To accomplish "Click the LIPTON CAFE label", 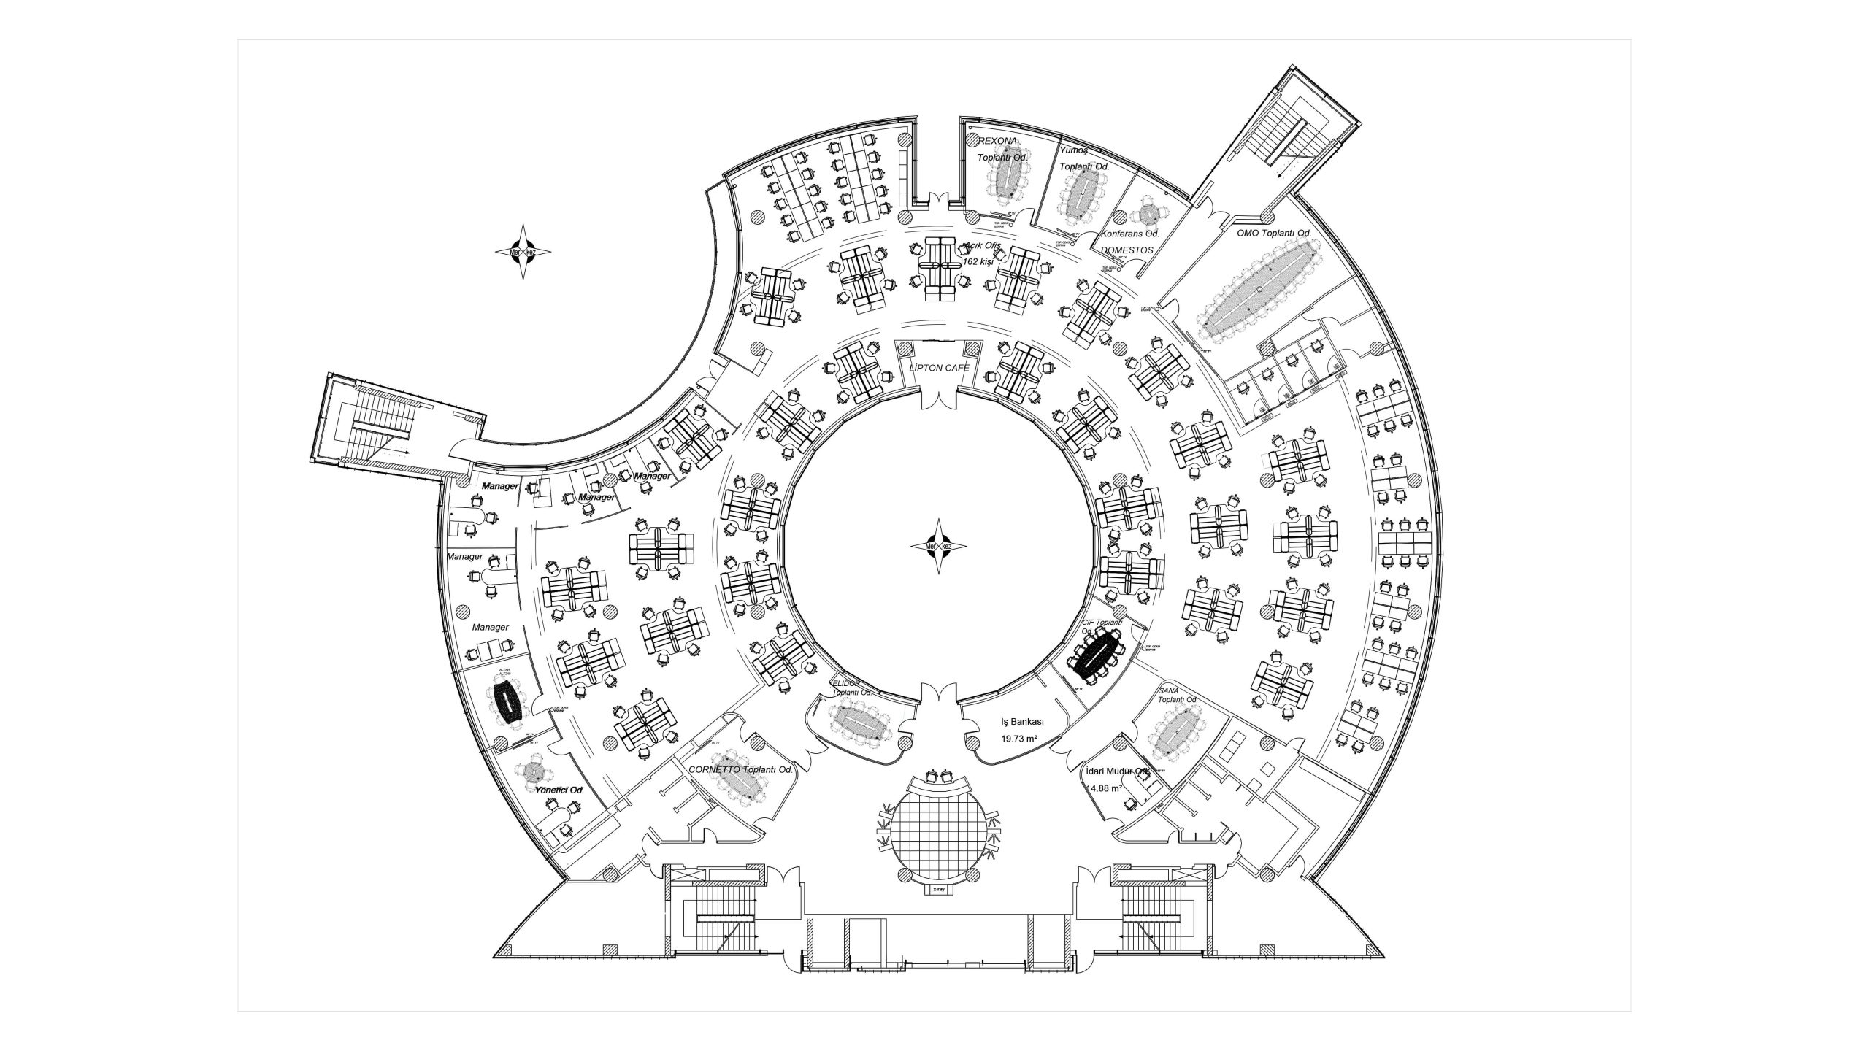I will (939, 368).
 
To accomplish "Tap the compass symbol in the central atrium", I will (940, 546).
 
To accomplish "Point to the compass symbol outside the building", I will (523, 252).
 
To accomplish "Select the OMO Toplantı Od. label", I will (1274, 234).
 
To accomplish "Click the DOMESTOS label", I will (1127, 250).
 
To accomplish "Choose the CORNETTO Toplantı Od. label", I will (741, 770).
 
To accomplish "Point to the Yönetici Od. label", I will (559, 790).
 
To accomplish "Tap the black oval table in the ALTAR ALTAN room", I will (507, 702).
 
